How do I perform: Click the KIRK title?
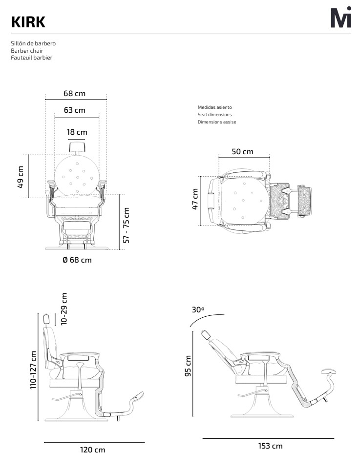point(28,22)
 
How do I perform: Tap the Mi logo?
point(341,18)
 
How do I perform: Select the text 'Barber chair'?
point(27,50)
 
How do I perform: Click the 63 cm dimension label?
point(75,110)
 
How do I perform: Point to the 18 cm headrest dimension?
point(77,132)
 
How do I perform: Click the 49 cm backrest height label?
point(21,177)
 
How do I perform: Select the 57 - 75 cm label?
point(127,225)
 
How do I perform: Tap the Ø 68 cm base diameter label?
point(77,260)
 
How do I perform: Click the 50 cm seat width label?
point(242,151)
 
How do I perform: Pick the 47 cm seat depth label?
point(195,199)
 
